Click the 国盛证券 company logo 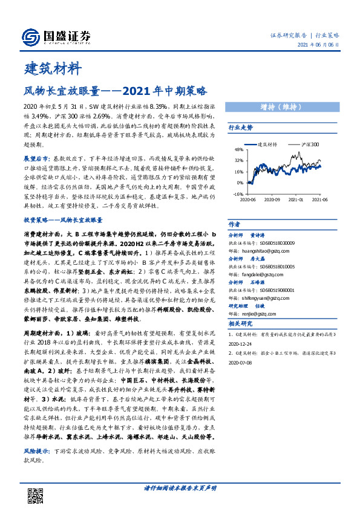[56, 36]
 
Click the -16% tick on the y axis [238, 194]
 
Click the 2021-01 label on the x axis [296, 199]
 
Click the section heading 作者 [234, 223]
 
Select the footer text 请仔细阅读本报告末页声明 [180, 487]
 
